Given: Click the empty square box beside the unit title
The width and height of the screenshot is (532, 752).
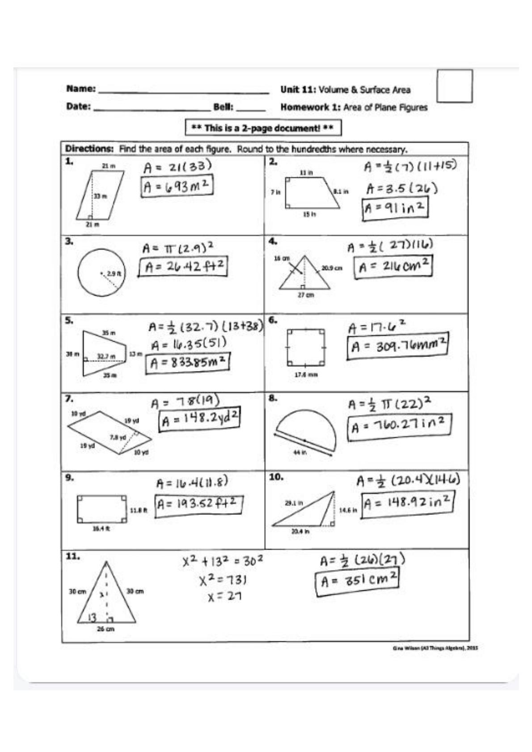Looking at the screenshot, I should pyautogui.click(x=454, y=86).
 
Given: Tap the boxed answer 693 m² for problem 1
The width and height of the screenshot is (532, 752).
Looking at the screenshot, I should pyautogui.click(x=177, y=186).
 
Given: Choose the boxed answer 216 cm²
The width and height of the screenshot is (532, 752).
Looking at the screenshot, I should pyautogui.click(x=393, y=267).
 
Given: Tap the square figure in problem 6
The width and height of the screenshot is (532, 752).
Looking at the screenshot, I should pyautogui.click(x=306, y=347).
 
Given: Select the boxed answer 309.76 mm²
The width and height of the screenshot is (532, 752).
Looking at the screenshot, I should pyautogui.click(x=397, y=346).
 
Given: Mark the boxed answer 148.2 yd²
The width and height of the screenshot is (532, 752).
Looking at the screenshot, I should pyautogui.click(x=200, y=420).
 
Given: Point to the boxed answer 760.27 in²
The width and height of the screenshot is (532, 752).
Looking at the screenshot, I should pyautogui.click(x=399, y=426).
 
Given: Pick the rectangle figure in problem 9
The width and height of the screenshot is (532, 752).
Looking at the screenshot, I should pyautogui.click(x=101, y=508).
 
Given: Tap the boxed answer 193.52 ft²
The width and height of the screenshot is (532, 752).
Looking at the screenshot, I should pyautogui.click(x=199, y=505).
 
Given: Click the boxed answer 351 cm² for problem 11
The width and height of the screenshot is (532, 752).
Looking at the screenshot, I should pyautogui.click(x=357, y=581).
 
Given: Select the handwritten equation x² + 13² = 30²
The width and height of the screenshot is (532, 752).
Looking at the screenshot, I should pyautogui.click(x=223, y=561).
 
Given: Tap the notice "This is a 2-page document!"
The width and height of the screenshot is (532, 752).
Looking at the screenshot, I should pyautogui.click(x=263, y=128).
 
